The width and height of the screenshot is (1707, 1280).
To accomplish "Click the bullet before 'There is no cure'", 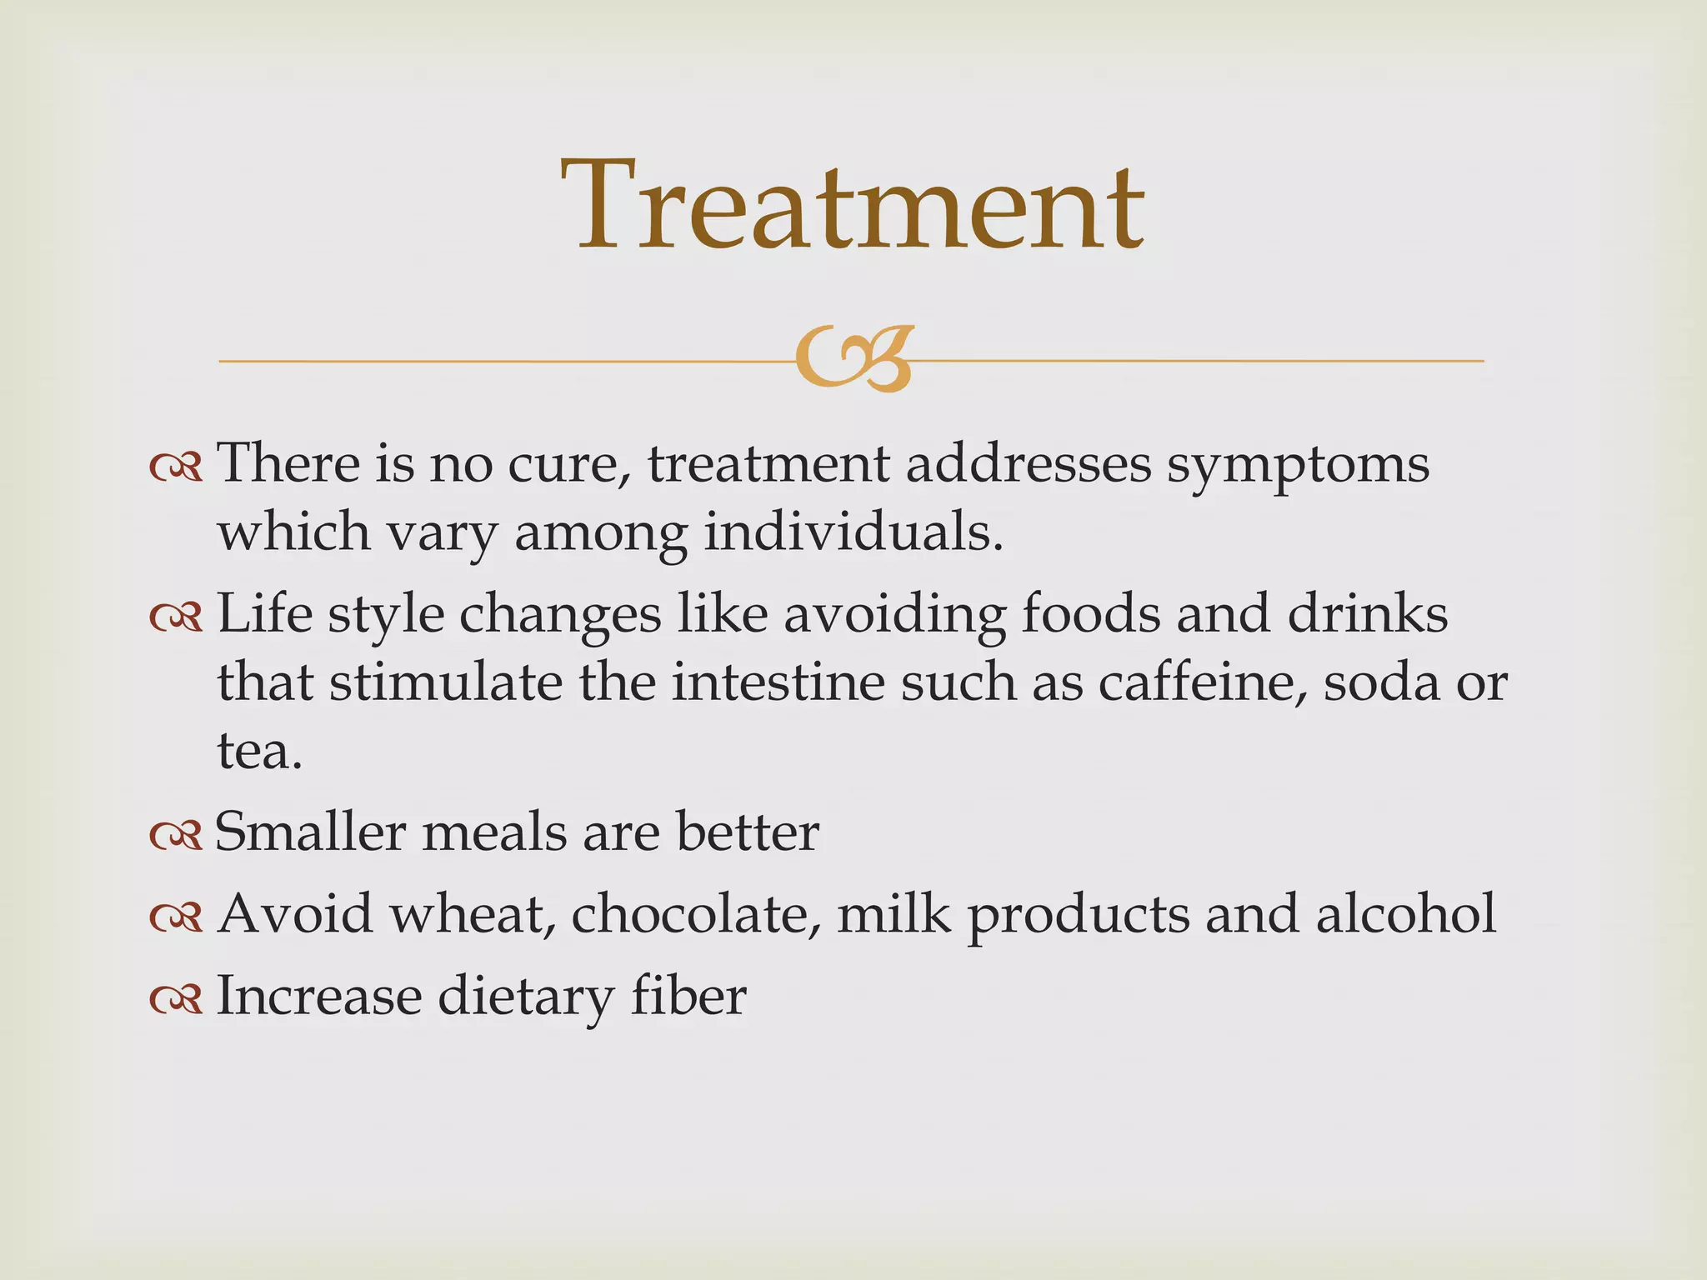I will (176, 468).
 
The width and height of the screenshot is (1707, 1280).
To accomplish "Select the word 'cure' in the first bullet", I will (568, 464).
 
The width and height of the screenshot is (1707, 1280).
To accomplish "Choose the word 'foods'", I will (1091, 614).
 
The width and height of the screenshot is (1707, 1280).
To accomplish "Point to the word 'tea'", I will (253, 751).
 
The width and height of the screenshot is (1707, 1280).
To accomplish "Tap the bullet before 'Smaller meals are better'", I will (176, 836).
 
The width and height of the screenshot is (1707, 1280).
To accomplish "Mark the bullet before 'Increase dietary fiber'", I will (176, 999).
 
